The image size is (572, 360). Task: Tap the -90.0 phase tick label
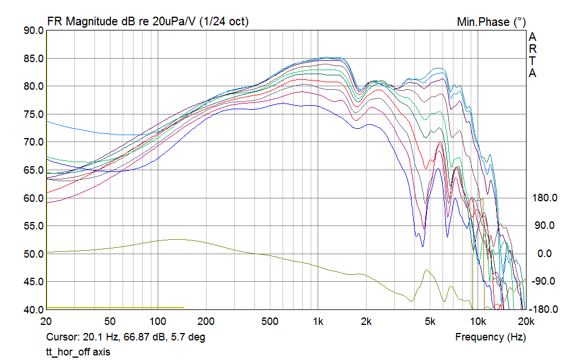coord(543,282)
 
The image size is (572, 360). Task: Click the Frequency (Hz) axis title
coord(489,337)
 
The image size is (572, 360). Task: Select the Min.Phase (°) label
coord(491,22)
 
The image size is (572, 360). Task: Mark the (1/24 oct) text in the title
coord(224,22)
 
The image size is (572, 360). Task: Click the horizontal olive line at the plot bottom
coord(115,308)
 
